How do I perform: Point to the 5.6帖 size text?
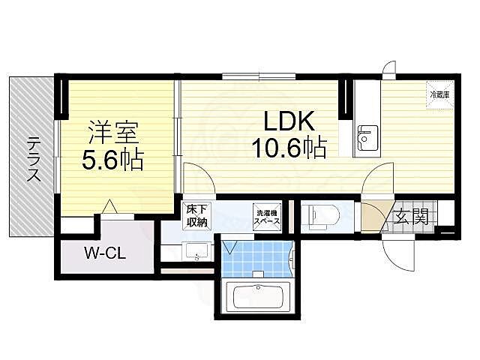112,160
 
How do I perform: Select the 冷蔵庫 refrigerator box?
439,95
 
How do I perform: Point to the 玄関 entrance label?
411,217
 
